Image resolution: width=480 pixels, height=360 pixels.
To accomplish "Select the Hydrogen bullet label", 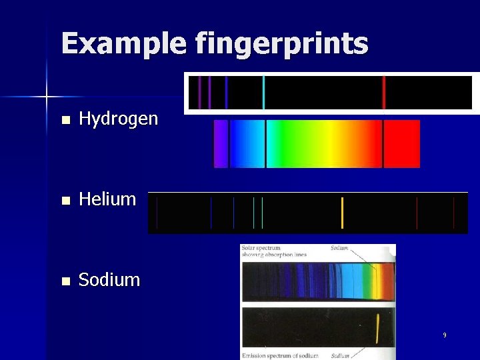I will click(118, 119).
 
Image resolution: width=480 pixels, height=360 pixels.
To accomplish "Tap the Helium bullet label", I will click(107, 199).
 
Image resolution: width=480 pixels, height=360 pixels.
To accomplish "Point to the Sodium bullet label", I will click(109, 280).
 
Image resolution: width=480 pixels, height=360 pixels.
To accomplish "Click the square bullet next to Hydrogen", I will click(65, 121).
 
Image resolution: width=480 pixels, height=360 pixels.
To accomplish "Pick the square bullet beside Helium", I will click(65, 200).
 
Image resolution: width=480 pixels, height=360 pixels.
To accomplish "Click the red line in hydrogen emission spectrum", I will click(384, 93).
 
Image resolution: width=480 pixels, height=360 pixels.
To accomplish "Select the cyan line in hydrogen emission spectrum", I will click(264, 93).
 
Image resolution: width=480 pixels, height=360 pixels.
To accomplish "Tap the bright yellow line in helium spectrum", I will click(342, 213).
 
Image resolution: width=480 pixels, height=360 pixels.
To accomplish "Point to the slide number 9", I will click(445, 335).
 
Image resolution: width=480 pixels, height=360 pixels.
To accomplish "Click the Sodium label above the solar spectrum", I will click(339, 248).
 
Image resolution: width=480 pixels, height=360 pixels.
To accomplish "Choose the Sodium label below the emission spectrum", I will click(340, 355).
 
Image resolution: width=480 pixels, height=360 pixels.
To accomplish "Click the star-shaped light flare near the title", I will click(47, 97).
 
